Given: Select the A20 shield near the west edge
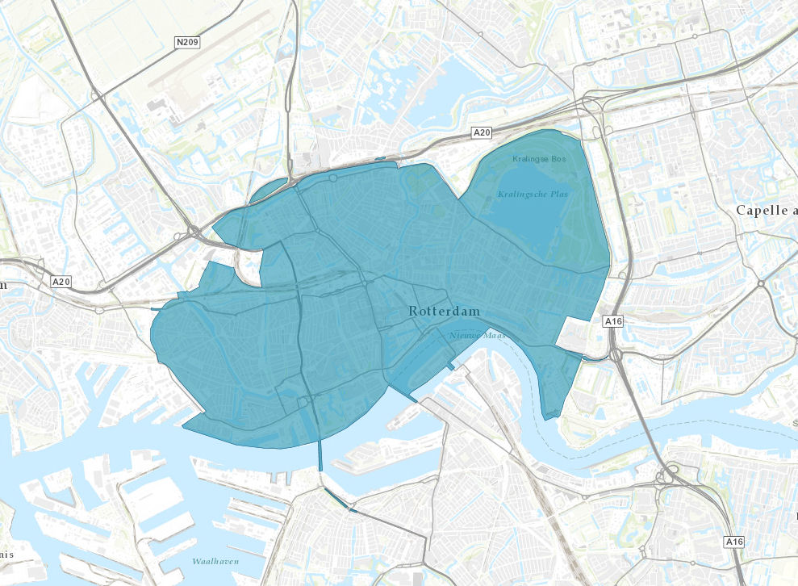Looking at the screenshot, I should coord(61,282).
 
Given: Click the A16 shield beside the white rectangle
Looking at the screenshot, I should coord(614,321).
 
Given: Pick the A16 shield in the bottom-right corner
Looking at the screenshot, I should coord(734,541).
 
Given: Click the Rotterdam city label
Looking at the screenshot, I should coord(444,311).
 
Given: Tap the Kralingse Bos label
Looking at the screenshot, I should coord(539,159).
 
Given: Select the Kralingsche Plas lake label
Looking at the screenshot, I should coord(533,194).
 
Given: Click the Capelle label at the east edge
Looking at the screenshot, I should coord(767,210).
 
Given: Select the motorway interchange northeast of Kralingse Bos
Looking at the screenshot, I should coord(593,109).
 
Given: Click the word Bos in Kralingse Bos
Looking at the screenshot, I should coord(558,159).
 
